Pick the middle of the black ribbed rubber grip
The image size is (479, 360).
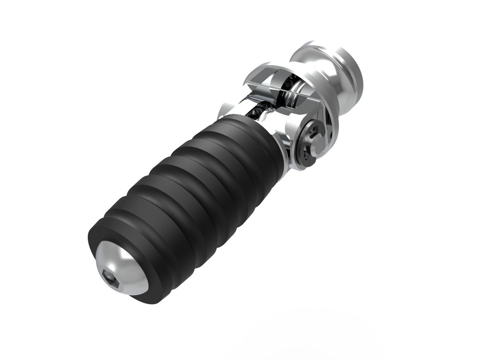click(x=188, y=192)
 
